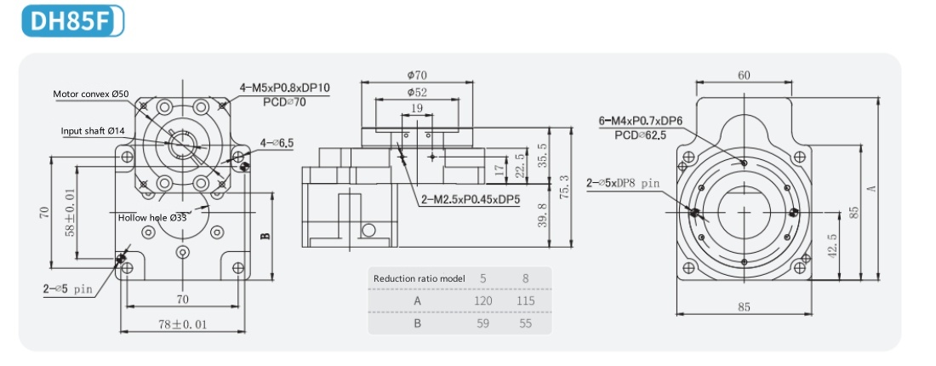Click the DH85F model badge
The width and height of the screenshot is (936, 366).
[x=73, y=21]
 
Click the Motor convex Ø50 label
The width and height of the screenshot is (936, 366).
[x=91, y=94]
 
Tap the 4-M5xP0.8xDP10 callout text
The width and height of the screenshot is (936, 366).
[x=285, y=89]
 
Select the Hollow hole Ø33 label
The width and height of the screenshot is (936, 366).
[x=152, y=218]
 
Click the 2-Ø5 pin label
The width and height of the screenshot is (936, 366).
[x=68, y=289]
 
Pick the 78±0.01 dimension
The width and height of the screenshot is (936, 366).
[x=183, y=324]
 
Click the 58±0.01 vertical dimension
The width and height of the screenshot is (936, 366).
[x=71, y=212]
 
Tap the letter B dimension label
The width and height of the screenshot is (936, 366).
[x=265, y=235]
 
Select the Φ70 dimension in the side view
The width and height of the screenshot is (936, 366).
[x=417, y=75]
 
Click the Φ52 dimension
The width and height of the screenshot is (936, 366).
[x=417, y=93]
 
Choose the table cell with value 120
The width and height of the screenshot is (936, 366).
[x=483, y=301]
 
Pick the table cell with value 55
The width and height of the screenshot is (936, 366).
[x=525, y=323]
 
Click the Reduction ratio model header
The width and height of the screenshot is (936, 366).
[x=418, y=278]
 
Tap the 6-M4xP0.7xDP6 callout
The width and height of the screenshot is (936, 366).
[x=641, y=121]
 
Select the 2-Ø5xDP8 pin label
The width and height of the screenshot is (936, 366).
[x=623, y=183]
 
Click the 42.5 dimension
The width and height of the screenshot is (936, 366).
[x=832, y=245]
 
